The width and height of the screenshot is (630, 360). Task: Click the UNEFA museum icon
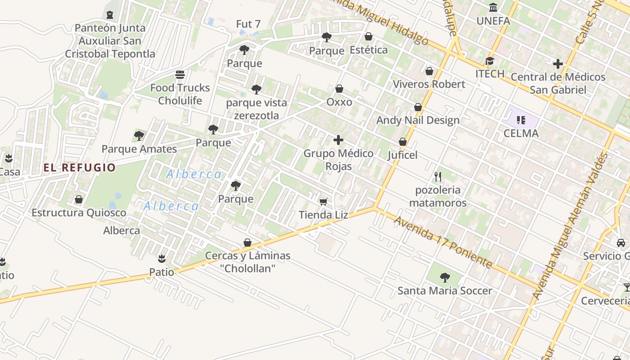(x=493, y=8)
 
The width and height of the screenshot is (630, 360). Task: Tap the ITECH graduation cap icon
(x=490, y=61)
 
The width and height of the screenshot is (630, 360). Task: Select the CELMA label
(x=521, y=133)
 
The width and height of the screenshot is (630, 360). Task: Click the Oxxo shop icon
(x=339, y=89)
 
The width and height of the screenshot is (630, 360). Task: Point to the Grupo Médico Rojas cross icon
(x=338, y=140)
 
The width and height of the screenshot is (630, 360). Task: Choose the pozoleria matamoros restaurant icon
(x=438, y=177)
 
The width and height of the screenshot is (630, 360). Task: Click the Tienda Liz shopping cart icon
(x=323, y=202)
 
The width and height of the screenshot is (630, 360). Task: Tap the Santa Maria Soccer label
(x=445, y=291)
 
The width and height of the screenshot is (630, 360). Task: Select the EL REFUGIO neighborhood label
(x=80, y=168)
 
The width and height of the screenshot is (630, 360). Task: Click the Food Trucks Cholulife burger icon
(x=180, y=74)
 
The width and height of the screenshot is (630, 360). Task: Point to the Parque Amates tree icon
(x=139, y=135)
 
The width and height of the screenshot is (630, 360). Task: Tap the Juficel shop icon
(x=403, y=142)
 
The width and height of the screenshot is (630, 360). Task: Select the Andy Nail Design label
(x=418, y=120)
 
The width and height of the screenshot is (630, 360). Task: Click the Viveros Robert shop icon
(x=429, y=71)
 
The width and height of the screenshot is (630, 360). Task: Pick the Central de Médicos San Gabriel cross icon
(x=558, y=64)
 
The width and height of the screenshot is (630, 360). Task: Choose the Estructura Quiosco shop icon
(x=79, y=199)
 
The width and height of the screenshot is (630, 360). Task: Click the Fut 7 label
(x=248, y=23)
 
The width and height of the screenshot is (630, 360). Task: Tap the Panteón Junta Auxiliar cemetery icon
(x=110, y=15)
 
